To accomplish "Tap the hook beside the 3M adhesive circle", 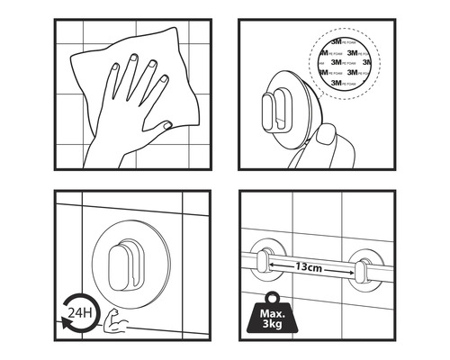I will click(278, 112).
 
